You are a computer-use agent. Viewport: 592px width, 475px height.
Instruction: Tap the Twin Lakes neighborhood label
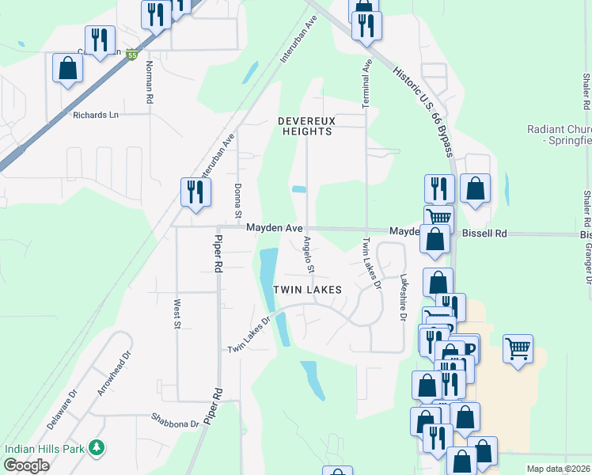[308, 290]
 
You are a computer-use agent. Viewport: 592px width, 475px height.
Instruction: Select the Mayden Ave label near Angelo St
[274, 228]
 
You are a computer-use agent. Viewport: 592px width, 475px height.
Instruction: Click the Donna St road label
[237, 200]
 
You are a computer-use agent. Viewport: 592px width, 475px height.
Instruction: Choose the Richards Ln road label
[95, 115]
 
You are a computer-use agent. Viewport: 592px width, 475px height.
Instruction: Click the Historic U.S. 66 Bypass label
[425, 111]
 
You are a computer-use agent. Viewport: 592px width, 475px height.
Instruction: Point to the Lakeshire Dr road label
[403, 298]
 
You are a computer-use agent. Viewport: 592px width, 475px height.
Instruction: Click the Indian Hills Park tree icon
[97, 448]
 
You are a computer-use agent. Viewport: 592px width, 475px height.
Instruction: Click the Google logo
[26, 465]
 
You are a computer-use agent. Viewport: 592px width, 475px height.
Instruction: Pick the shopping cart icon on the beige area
[518, 348]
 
